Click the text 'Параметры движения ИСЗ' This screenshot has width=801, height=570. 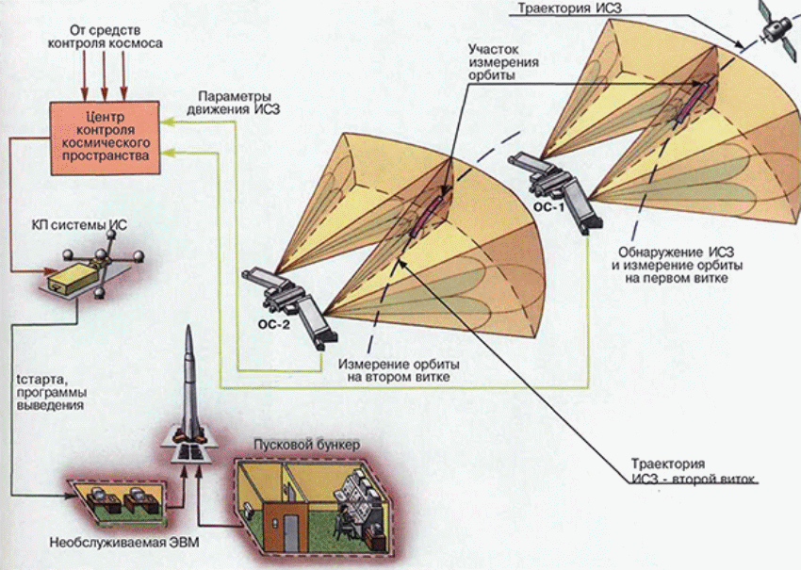point(241,103)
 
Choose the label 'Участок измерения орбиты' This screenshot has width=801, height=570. point(505,62)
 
